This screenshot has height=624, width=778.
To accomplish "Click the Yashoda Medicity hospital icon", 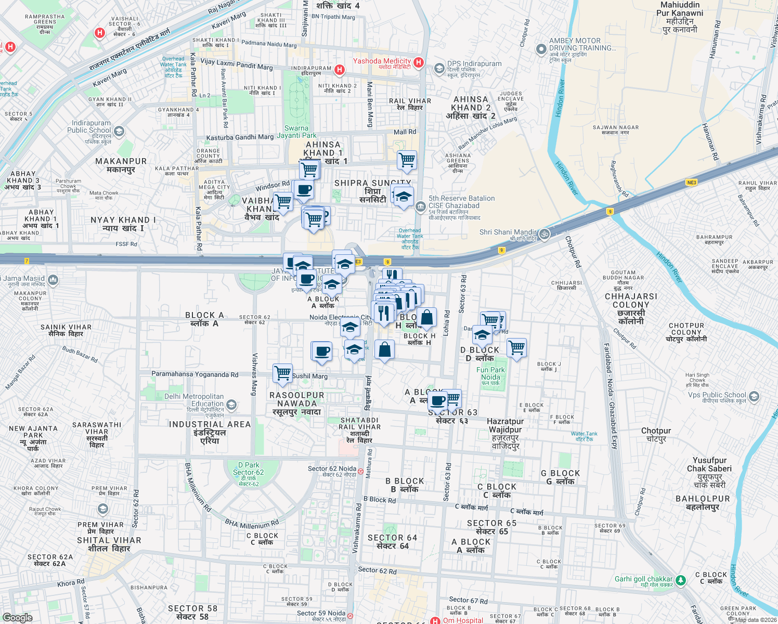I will tap(419, 62).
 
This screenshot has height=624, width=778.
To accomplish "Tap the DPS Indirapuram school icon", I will tap(439, 68).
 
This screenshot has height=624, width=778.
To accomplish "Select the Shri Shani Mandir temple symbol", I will tap(544, 233).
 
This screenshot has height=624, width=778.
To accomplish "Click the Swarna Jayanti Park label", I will tap(296, 132).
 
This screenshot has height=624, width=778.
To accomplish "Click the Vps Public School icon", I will tap(754, 397).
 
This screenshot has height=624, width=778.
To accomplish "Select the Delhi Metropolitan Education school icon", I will tap(231, 404).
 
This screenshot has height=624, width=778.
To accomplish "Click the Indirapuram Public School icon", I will tap(119, 131).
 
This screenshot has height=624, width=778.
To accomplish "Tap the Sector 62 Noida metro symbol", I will tap(360, 471).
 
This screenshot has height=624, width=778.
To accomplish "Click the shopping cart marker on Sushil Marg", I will tap(282, 373).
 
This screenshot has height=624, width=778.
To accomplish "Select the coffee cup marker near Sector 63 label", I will tap(438, 400).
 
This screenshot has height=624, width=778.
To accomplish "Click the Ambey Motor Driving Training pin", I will tap(541, 49).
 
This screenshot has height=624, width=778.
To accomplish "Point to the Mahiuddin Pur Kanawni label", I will tap(680, 17).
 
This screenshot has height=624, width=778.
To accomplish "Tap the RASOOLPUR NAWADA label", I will tap(297, 404).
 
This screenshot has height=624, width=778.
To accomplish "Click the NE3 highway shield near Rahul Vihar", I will tap(691, 183).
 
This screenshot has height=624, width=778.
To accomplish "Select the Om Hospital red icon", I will tap(435, 620).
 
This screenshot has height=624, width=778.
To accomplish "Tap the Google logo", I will tap(17, 617).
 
